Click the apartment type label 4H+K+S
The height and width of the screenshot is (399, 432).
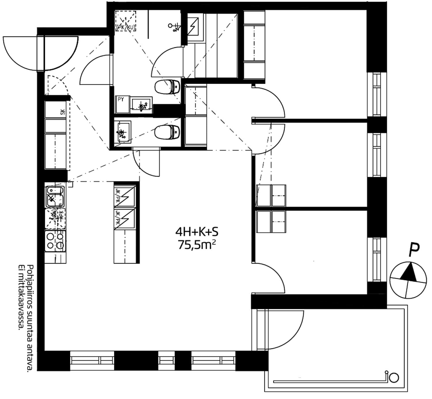point(197,231)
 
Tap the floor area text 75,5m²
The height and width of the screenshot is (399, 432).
point(197,245)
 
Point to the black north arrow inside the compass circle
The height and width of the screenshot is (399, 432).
point(409,272)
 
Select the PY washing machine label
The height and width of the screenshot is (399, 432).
point(121,99)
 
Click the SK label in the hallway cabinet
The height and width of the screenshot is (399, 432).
point(62,112)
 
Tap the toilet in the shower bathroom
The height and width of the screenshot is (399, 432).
point(167,86)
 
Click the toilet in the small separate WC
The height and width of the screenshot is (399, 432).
point(167,132)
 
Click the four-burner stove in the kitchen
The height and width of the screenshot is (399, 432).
point(55,241)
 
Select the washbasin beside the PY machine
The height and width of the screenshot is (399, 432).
point(141,105)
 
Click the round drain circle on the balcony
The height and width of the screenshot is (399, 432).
point(394,377)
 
